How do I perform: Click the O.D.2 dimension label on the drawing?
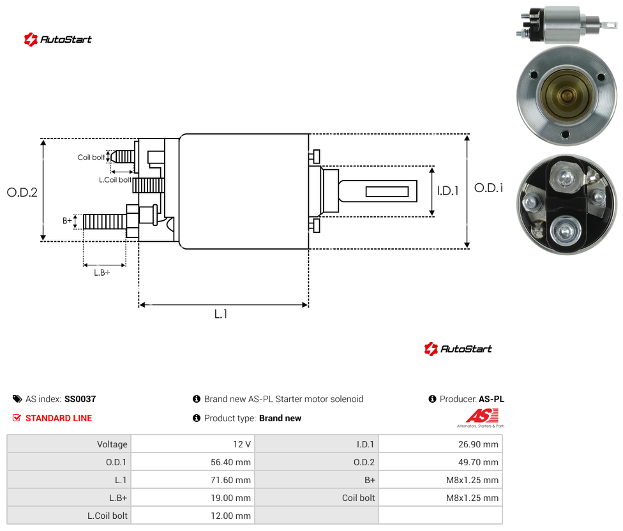click(x=22, y=192)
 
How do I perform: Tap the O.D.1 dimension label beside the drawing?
click(x=489, y=188)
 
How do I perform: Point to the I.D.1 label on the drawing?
click(x=448, y=191)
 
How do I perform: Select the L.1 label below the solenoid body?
click(x=221, y=314)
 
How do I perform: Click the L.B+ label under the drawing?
click(x=102, y=273)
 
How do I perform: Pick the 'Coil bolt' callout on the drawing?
click(x=91, y=157)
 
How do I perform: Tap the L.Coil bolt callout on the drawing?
click(x=115, y=180)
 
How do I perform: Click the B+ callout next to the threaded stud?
click(x=67, y=220)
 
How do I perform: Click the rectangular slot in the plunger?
click(x=387, y=192)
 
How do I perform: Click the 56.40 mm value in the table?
click(x=230, y=462)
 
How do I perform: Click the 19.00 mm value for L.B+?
click(x=230, y=498)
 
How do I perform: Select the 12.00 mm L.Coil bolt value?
click(x=230, y=516)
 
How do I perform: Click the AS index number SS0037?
click(x=80, y=399)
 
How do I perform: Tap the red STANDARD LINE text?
click(x=59, y=418)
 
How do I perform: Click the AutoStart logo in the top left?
click(x=57, y=40)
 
